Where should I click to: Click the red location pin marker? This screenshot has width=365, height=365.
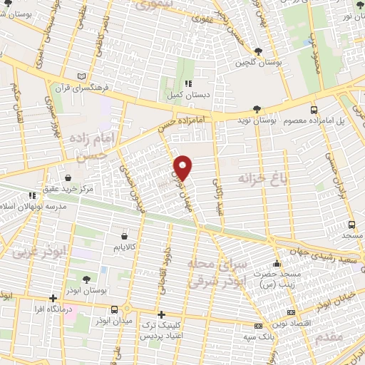click(x=183, y=168)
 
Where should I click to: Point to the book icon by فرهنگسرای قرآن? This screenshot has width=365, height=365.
click(x=81, y=77)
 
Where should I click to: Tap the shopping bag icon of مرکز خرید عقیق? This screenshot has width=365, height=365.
click(x=67, y=178)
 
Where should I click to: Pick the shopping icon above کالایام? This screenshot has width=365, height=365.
click(x=125, y=235)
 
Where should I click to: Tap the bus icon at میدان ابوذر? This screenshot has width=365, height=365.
click(x=115, y=308)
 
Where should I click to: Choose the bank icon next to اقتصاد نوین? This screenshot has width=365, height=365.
click(x=290, y=312)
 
